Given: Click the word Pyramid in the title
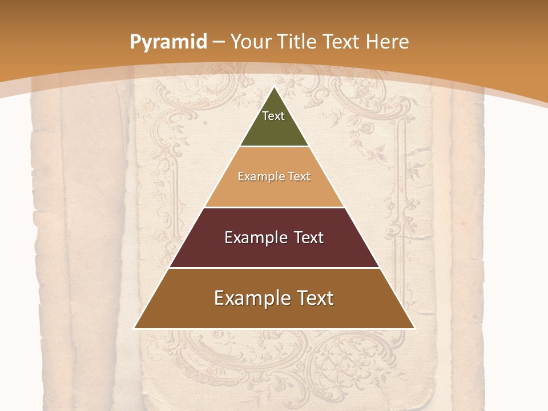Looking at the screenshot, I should point(168,42).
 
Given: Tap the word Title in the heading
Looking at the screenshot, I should point(297,42).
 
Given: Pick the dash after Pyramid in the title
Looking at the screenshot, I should point(219,42).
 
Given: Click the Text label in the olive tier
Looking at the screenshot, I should point(273,116).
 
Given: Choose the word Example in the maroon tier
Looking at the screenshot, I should point(256,237).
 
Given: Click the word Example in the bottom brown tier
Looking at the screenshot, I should point(249,298).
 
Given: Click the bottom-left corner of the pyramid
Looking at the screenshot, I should point(135,328).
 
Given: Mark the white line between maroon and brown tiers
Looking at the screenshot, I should point(275,268).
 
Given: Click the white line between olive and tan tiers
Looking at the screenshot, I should point(275,147).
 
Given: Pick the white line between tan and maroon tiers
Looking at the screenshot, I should point(275,207).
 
